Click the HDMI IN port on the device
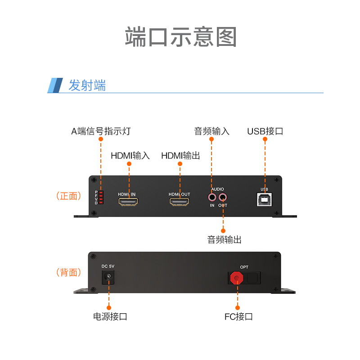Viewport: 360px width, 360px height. click(128, 202)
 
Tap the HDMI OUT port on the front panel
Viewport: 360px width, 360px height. click(179, 202)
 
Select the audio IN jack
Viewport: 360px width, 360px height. click(212, 197)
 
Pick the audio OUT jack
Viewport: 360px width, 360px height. click(222, 197)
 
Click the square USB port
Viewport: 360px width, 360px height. click(264, 199)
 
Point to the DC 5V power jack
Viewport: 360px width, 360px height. click(108, 277)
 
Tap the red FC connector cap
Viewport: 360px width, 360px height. click(237, 278)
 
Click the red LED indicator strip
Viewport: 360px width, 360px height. click(101, 197)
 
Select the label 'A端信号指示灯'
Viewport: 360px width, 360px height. click(101, 131)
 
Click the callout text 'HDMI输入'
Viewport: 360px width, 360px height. click(130, 156)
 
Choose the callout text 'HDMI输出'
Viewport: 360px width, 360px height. click(180, 156)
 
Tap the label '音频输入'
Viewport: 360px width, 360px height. click(211, 131)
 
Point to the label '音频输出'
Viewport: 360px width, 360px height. click(224, 239)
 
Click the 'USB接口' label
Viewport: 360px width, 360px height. click(265, 131)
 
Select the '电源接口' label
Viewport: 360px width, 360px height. click(110, 317)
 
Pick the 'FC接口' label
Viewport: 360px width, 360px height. click(238, 317)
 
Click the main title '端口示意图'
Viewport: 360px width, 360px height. click(181, 37)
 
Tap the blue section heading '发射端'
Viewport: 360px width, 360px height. click(87, 85)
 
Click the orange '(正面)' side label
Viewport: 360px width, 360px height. click(69, 196)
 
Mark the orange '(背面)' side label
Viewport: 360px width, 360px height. click(69, 272)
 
